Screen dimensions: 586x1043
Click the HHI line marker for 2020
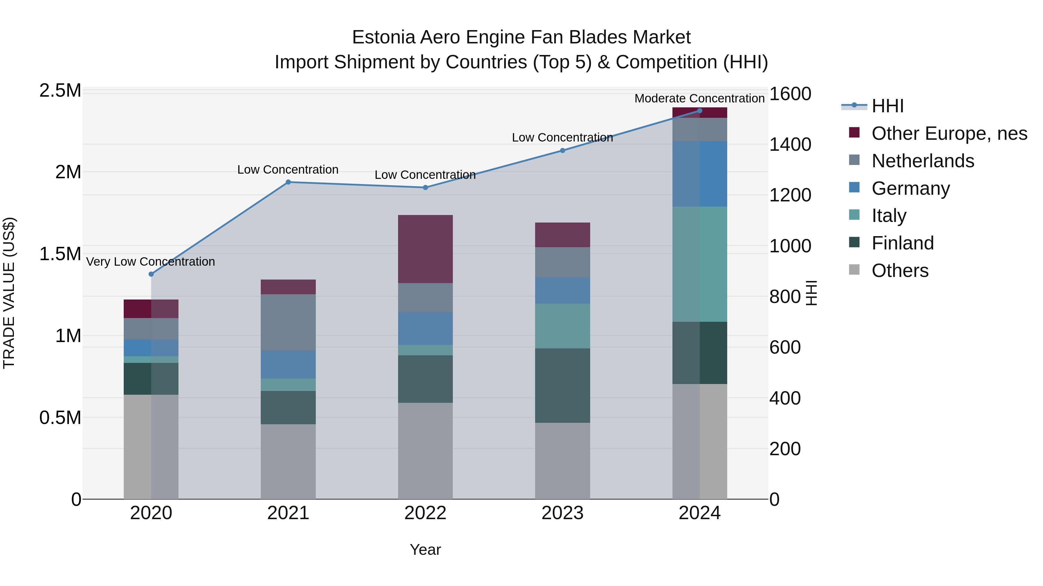151,274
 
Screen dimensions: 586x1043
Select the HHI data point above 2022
425,188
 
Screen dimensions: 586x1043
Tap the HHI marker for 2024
700,111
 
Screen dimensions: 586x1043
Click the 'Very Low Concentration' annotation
151,262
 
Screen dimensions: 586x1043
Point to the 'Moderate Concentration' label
699,98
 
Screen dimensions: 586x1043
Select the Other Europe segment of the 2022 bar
425,249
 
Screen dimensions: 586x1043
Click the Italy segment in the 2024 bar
700,264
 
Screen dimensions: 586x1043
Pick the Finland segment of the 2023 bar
562,385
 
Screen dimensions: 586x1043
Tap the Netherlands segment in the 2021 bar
288,322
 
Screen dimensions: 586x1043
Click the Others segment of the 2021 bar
288,462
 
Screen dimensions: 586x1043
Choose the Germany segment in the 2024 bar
700,174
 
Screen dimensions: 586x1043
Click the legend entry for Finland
902,243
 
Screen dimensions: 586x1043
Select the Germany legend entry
910,188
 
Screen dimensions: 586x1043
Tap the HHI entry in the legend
887,106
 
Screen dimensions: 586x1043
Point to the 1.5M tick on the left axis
60,254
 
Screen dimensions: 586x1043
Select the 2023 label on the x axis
562,513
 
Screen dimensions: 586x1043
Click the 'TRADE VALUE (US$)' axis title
9,293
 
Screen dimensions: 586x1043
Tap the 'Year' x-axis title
425,550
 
